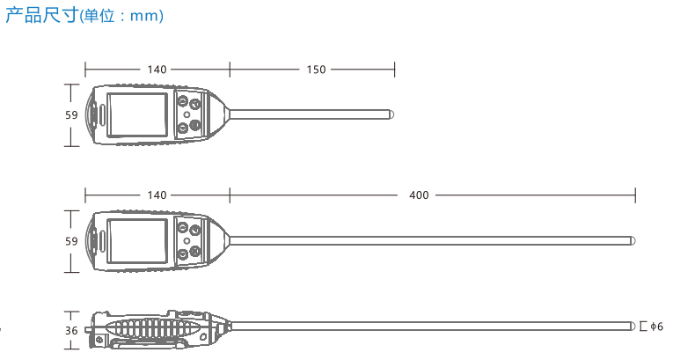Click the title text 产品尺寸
pos(42,15)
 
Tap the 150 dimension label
pos(317,70)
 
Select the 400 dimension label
pos(419,195)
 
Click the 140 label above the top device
pos(157,70)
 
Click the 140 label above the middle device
pos(157,195)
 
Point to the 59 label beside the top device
pos(71,115)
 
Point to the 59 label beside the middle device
pos(71,241)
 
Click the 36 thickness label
pos(71,331)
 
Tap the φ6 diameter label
pos(656,327)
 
